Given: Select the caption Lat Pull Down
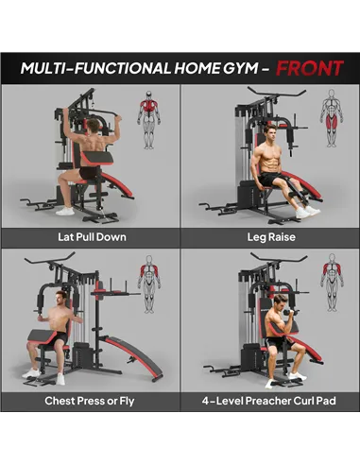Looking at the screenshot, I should [91, 236].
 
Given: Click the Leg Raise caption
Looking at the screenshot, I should [270, 236].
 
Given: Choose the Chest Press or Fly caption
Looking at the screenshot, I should [91, 401].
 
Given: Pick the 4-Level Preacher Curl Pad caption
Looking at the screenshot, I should [270, 401].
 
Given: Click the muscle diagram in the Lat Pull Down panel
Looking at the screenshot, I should [148, 119].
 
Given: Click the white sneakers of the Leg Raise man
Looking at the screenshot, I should [306, 213].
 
